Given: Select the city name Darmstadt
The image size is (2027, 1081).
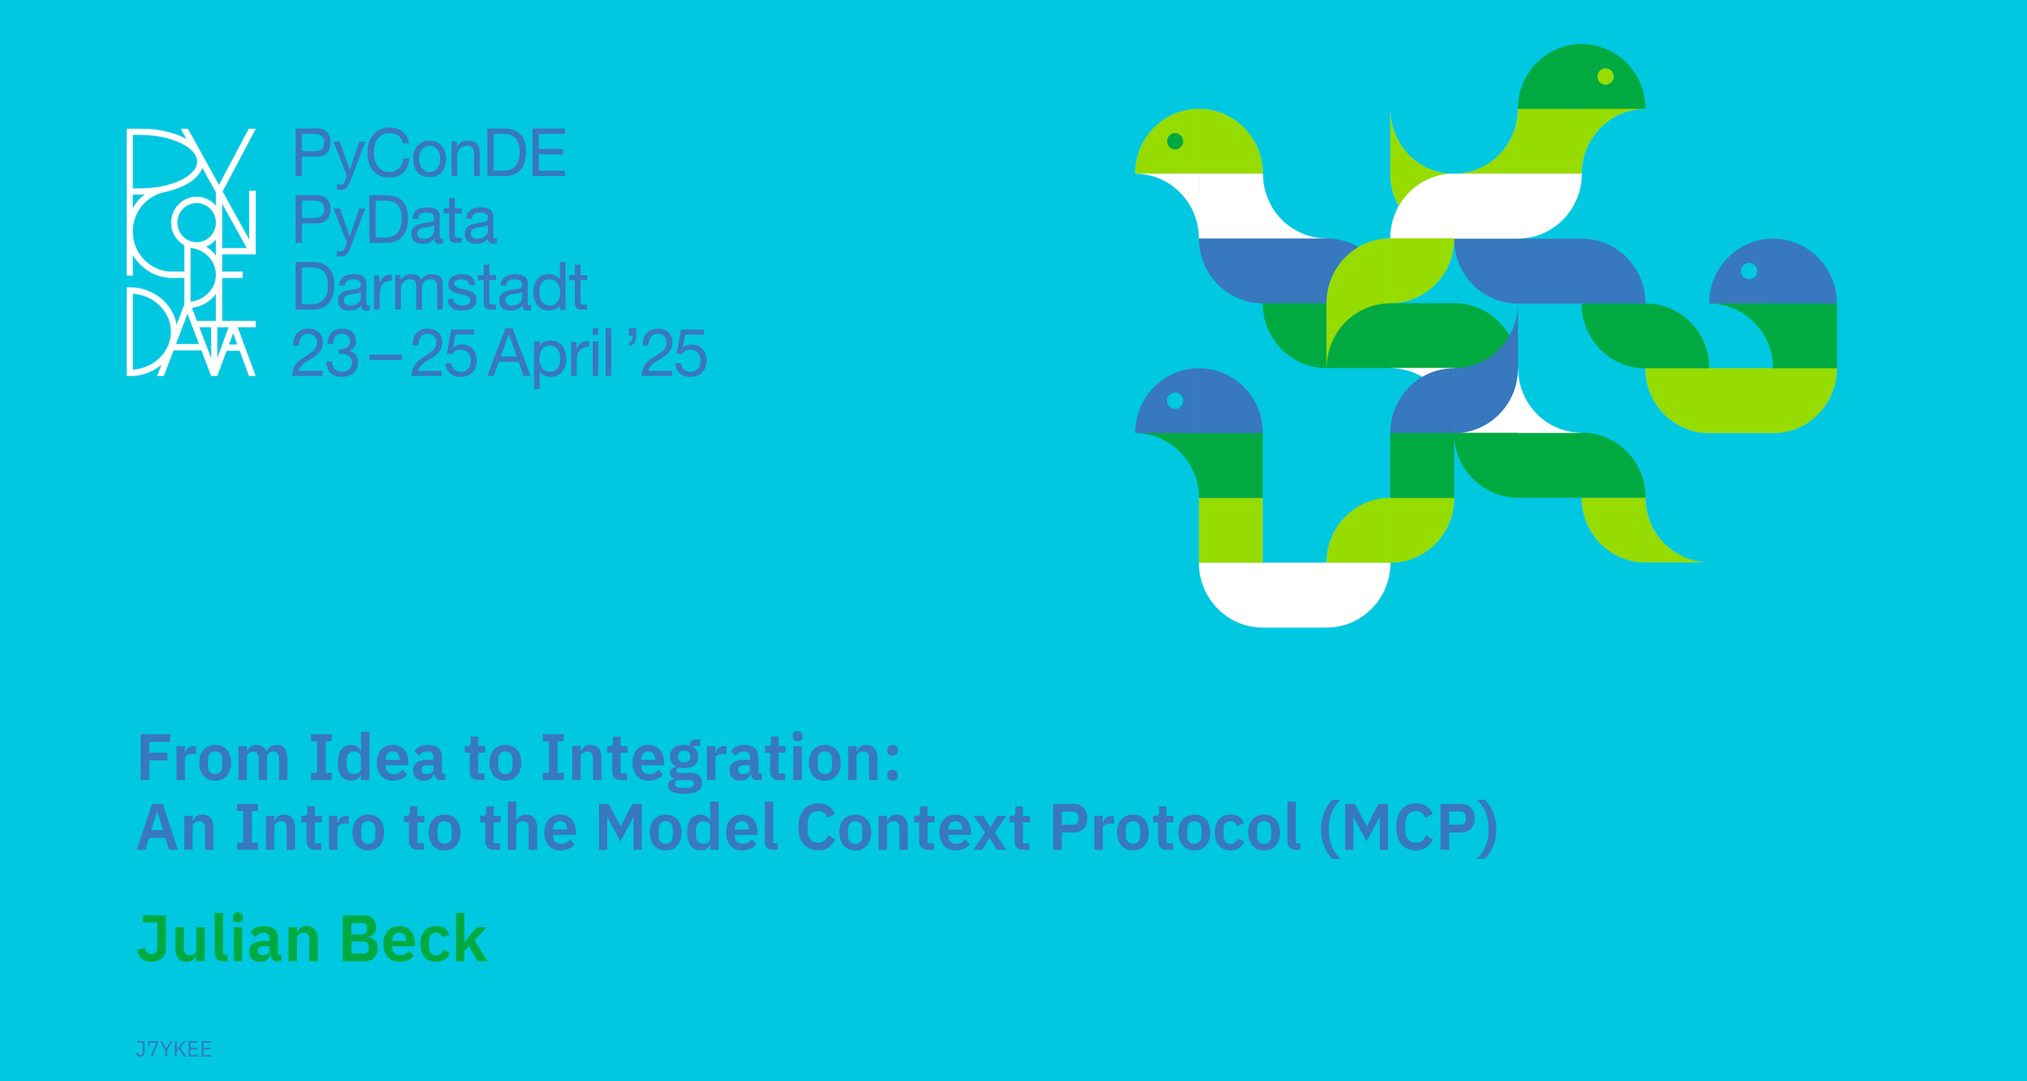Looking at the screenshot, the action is tap(440, 287).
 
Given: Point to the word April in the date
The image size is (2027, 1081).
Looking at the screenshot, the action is tap(550, 355).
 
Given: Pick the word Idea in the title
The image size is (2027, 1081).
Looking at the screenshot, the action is tap(377, 757).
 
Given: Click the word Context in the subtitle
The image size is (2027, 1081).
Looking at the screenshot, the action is tap(914, 828).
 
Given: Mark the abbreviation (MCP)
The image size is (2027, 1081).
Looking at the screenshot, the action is tap(1408, 828).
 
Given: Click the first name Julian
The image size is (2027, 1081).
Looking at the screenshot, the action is tap(228, 939).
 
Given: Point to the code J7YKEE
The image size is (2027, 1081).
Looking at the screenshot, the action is tap(174, 1049).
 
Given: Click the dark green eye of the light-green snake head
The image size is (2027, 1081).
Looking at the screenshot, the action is tap(1175, 141).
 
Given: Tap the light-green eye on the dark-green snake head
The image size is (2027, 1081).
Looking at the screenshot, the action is tap(1605, 76).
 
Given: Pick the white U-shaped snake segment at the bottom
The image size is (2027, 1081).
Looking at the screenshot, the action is tap(1295, 595).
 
